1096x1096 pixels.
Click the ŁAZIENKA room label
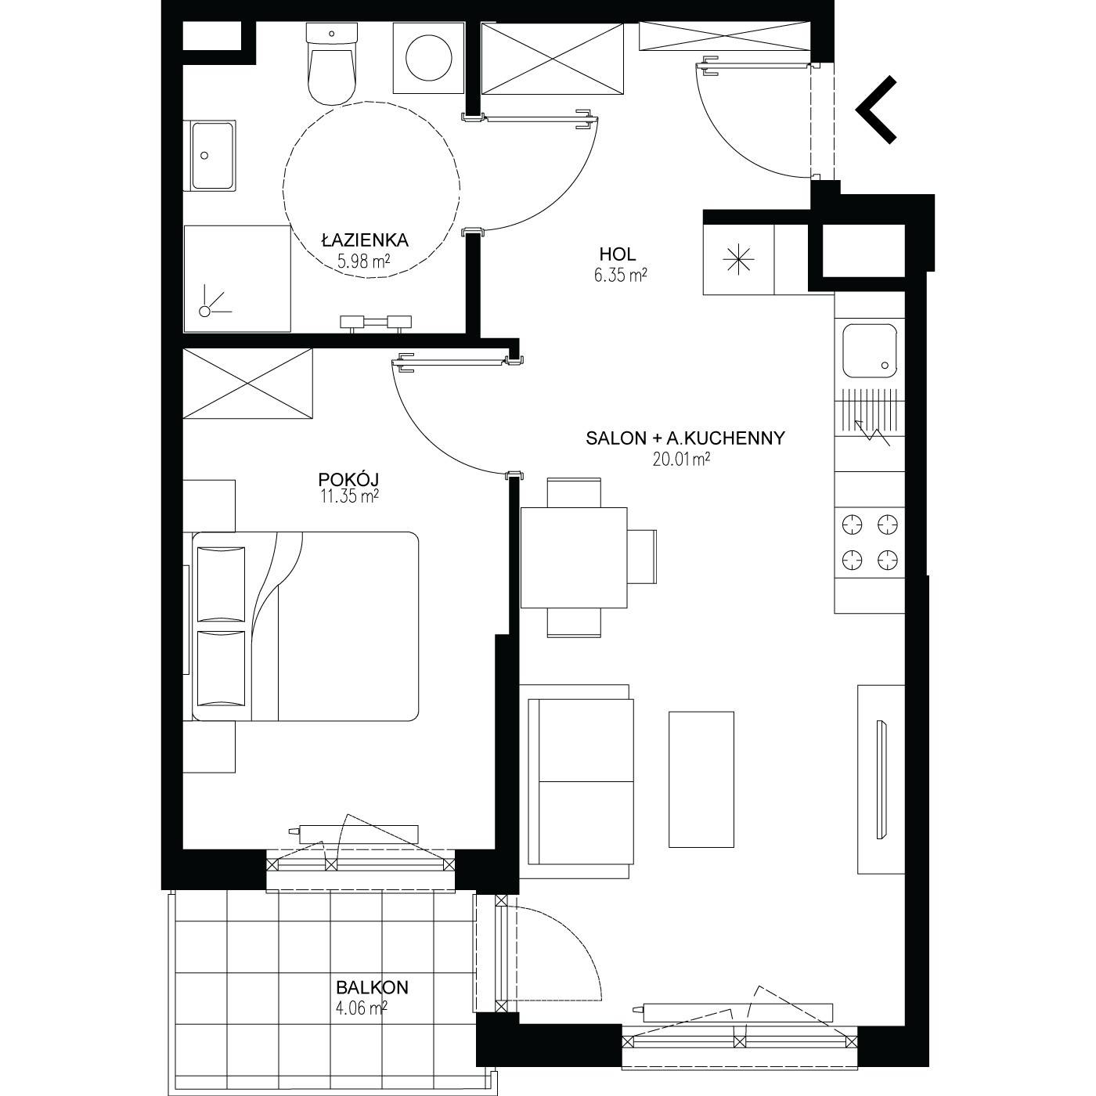[x=365, y=240]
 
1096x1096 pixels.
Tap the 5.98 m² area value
[x=363, y=261]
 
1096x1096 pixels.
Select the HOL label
[x=618, y=254]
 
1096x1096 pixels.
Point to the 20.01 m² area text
[x=681, y=459]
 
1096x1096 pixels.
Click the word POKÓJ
[x=348, y=479]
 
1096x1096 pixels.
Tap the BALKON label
[x=372, y=987]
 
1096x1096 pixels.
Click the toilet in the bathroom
[x=333, y=63]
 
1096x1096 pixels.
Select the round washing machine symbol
[x=429, y=58]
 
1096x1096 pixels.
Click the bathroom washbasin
[x=210, y=156]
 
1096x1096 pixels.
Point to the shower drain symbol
[x=205, y=311]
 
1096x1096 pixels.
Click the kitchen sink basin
[x=870, y=351]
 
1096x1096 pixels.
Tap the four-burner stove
[x=870, y=543]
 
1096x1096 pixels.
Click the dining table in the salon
[x=574, y=558]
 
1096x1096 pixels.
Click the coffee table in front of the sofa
[x=701, y=779]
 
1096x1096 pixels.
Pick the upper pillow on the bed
[x=221, y=583]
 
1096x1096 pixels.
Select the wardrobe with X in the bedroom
[x=247, y=384]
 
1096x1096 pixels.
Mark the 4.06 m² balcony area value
[x=362, y=1008]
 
